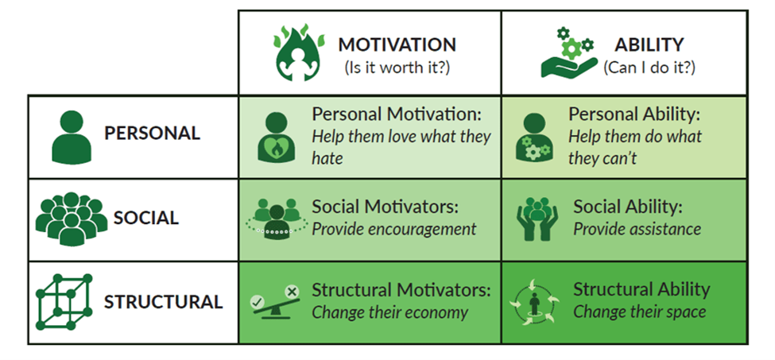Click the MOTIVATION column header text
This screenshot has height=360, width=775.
(397, 45)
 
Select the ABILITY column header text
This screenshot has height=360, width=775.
(649, 45)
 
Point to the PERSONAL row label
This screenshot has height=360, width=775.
(152, 133)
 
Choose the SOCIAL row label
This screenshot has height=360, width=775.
(146, 218)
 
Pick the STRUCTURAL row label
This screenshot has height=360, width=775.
(163, 302)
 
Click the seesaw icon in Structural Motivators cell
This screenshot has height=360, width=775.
(274, 301)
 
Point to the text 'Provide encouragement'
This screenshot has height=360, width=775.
(393, 229)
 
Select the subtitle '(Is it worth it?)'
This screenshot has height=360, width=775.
(397, 68)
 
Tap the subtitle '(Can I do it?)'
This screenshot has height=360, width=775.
(649, 68)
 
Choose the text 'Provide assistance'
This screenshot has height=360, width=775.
(637, 229)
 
